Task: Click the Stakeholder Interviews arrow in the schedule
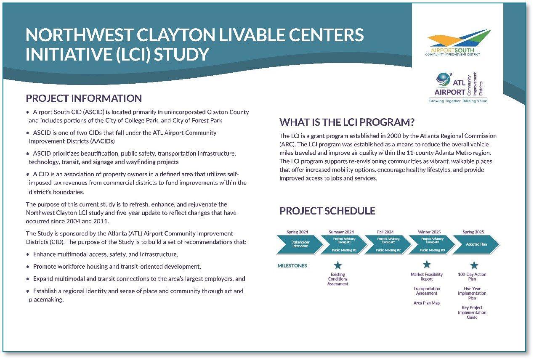coord(299,244)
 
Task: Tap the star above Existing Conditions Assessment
coord(337,265)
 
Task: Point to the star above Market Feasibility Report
coord(427,265)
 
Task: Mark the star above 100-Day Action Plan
coord(474,265)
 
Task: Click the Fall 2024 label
coord(385,232)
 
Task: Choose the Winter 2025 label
coord(429,232)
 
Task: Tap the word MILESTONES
coord(292,266)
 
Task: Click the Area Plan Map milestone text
coord(427,303)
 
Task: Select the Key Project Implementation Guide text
coord(472,312)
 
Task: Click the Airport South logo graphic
coord(459,40)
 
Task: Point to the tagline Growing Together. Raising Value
coord(458,101)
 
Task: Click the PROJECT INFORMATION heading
coord(84,98)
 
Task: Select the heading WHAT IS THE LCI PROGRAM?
coord(347,122)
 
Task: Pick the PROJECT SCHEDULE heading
coord(327,211)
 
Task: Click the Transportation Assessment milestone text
coord(427,291)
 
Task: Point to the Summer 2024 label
coord(341,232)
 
